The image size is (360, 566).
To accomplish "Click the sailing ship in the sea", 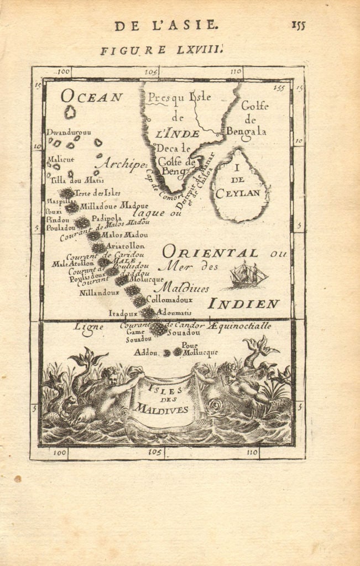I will (248, 275).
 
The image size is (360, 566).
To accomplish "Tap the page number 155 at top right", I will (298, 25).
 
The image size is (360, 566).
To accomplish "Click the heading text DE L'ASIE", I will (166, 25).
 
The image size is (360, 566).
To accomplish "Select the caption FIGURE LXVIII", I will (161, 50).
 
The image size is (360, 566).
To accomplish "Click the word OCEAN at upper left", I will (92, 97).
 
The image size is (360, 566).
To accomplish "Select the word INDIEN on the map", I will (244, 303).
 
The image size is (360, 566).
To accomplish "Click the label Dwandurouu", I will (67, 132).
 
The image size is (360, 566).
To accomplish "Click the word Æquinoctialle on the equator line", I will (240, 326).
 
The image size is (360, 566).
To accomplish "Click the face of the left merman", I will (112, 379).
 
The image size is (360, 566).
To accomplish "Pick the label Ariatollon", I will (125, 245).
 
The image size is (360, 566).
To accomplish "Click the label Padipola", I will (106, 217).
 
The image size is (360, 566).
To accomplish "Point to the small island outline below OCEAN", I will (70, 113).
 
